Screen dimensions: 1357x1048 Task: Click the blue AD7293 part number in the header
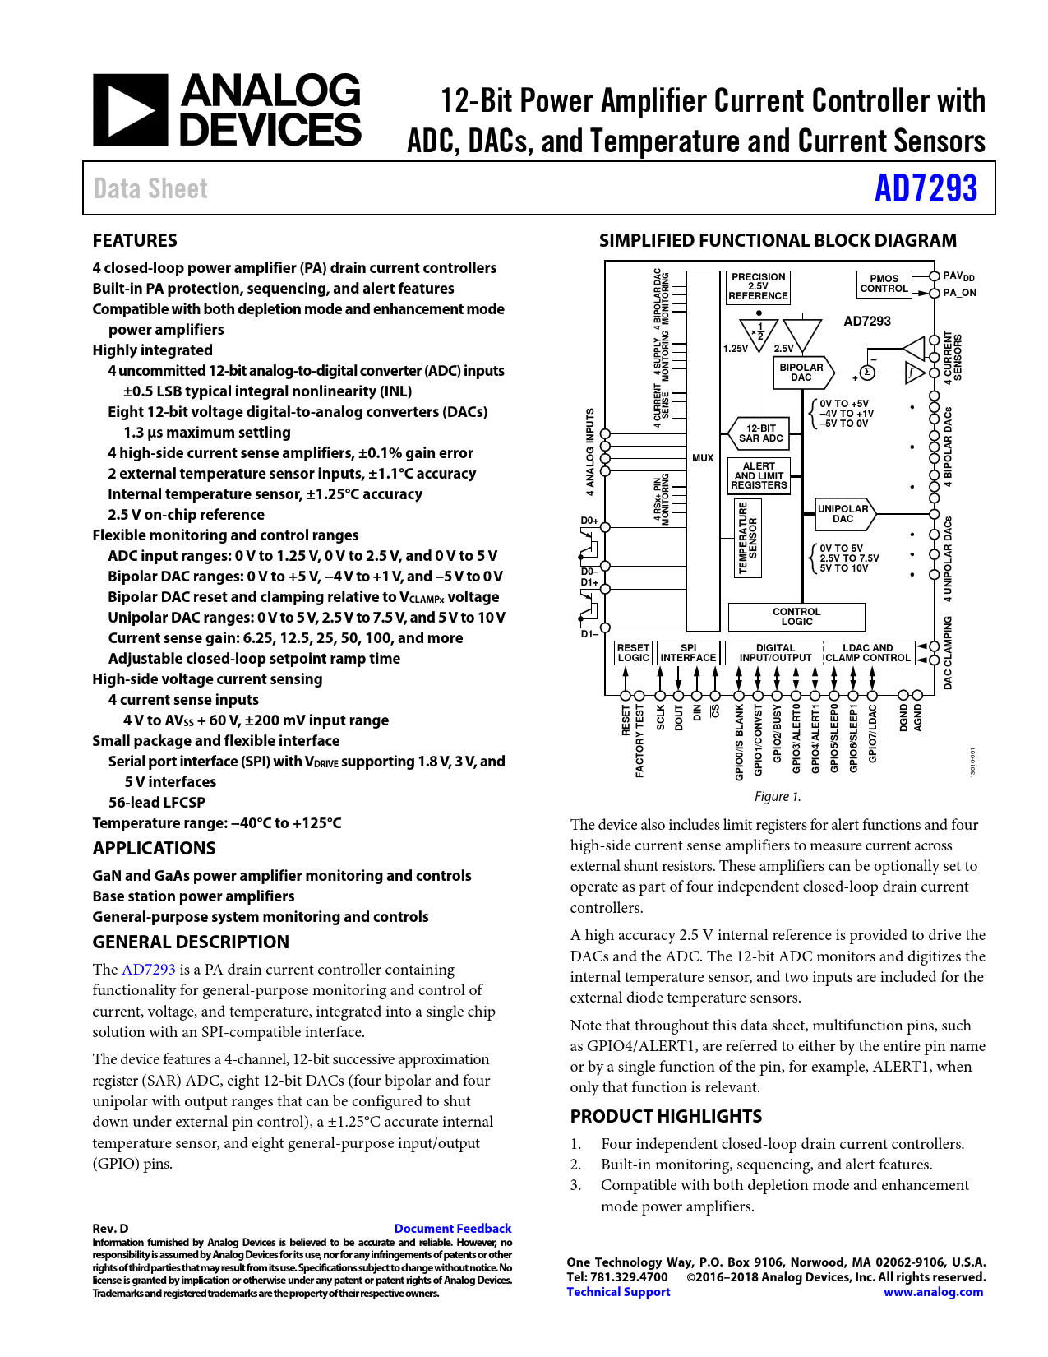pos(926,188)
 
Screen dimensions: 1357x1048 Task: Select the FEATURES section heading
pos(135,241)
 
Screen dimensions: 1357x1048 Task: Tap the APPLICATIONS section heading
pos(154,849)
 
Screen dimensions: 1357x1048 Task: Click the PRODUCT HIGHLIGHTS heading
pos(666,1116)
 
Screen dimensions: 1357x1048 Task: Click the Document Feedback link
pos(452,1229)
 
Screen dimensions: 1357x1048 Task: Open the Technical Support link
pos(618,1292)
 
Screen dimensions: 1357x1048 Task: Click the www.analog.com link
pos(933,1292)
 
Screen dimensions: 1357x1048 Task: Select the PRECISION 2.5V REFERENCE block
pos(758,287)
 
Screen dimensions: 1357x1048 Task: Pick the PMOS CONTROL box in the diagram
pos(884,284)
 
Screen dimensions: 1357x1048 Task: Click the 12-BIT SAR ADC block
pos(760,433)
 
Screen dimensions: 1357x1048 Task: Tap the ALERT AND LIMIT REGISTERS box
pos(759,476)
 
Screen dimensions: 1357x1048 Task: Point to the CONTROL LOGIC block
pos(796,617)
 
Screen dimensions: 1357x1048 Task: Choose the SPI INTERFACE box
pos(688,653)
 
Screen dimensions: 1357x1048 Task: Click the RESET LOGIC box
pos(633,653)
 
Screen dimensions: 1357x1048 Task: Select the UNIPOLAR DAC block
pos(843,514)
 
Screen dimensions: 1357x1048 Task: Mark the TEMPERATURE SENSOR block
pos(747,539)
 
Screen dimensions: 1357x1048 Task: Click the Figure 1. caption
pos(777,796)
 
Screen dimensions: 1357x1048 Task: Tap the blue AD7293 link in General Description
pos(148,970)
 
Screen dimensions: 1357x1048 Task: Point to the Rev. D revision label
pos(110,1229)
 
